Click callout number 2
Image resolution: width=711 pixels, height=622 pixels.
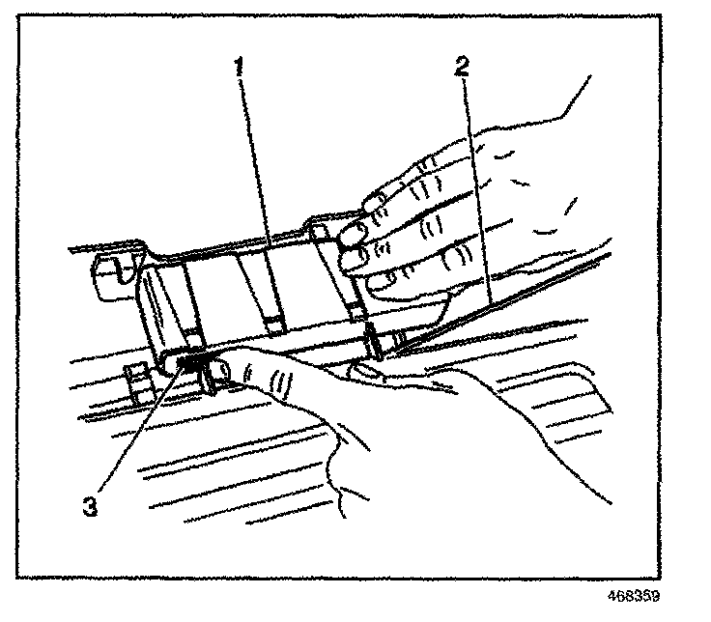pos(464,67)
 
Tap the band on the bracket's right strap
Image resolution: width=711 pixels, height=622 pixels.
pos(358,311)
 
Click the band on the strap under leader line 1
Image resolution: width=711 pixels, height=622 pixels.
pos(274,324)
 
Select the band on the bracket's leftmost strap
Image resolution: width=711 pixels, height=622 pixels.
pos(194,337)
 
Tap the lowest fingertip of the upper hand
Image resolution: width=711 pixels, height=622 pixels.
pos(381,283)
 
